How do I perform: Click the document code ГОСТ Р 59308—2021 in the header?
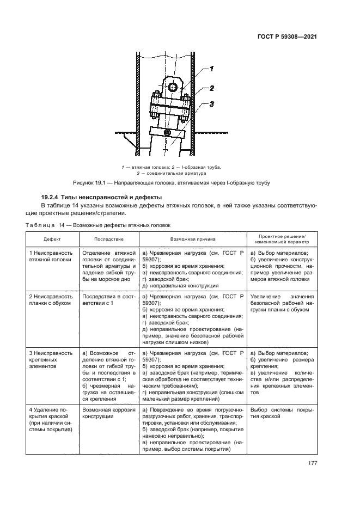[x=286, y=36]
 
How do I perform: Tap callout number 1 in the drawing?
[x=211, y=69]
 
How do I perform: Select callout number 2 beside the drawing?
[x=211, y=87]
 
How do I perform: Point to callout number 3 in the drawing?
[x=211, y=104]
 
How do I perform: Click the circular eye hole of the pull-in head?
[x=173, y=87]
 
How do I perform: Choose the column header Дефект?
[x=53, y=239]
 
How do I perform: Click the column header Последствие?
[x=109, y=239]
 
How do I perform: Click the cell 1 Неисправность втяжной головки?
[x=51, y=256]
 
